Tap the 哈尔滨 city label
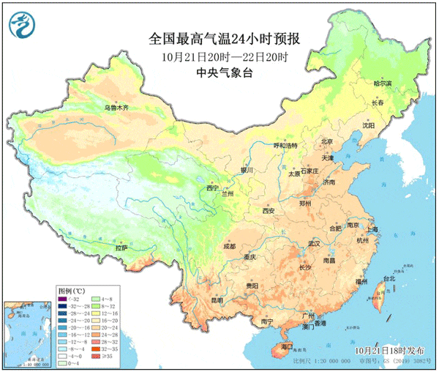pos(383,84)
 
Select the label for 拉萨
pos(121,248)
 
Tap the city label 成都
pos(228,247)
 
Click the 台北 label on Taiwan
pos(387,278)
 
